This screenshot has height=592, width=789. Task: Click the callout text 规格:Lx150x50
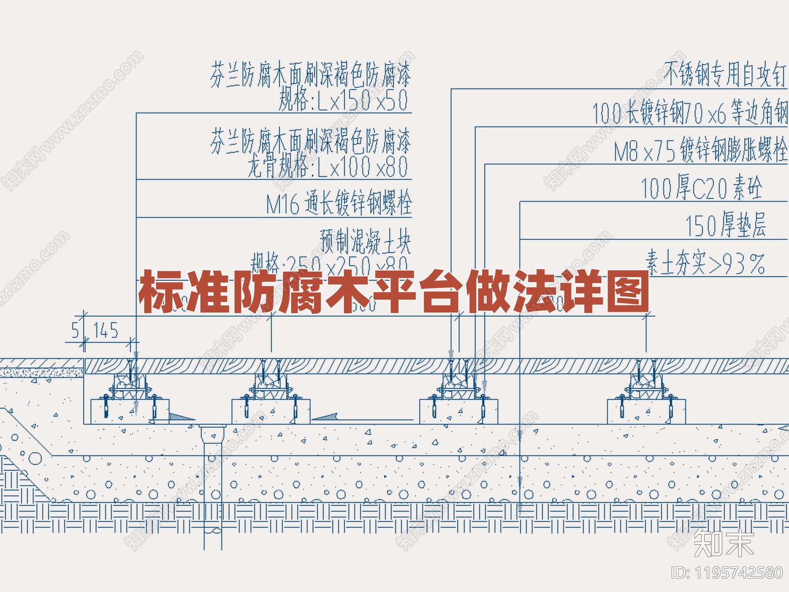coord(343,100)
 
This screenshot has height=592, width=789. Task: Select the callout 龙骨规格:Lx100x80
coord(328,166)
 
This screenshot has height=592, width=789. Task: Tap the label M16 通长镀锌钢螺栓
coord(339,203)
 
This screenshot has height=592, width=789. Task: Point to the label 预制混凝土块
coord(365,241)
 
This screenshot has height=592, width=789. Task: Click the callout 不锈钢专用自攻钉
coord(724,74)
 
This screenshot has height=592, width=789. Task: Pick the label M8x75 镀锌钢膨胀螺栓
coord(700,150)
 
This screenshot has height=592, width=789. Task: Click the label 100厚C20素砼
coord(701,188)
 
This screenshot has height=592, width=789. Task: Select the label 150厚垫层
coord(725,225)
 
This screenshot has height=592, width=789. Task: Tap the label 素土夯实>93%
coord(705,263)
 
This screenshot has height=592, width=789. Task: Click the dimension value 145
coord(106,331)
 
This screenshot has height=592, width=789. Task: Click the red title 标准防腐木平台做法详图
coord(394,292)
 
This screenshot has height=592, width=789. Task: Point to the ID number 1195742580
coord(727,573)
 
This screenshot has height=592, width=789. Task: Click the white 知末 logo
coord(723,543)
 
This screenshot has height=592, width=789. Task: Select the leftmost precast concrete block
coord(130,411)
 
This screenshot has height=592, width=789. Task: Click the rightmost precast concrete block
coord(646,411)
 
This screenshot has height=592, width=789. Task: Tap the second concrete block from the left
coord(271,411)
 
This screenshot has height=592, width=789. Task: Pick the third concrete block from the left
coord(459,411)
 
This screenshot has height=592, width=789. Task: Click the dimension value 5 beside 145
coord(75,330)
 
